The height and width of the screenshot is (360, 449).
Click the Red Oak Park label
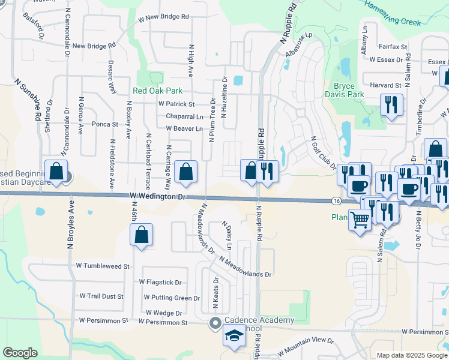[x=157, y=91]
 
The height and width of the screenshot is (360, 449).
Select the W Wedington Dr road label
[x=159, y=196]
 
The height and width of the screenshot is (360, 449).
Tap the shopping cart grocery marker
[x=360, y=220]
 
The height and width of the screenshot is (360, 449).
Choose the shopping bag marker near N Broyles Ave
[x=56, y=171]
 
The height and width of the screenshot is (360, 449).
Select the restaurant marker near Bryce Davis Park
[x=391, y=105]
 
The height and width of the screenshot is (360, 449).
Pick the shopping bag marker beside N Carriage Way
[x=187, y=172]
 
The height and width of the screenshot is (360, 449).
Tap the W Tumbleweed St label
[x=103, y=266]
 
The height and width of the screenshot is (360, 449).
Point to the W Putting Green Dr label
[x=172, y=298]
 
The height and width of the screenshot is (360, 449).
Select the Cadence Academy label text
[x=259, y=320]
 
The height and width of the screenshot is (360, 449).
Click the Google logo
[x=20, y=353]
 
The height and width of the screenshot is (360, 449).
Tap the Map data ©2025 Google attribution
[x=412, y=355]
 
